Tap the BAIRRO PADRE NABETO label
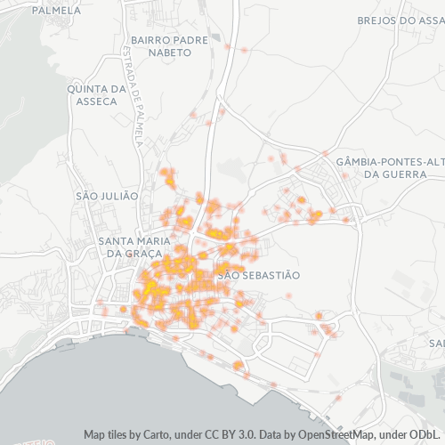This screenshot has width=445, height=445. click(160, 46)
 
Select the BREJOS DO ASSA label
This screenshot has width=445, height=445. click(399, 20)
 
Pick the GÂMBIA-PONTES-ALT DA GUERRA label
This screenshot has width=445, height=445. click(390, 167)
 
